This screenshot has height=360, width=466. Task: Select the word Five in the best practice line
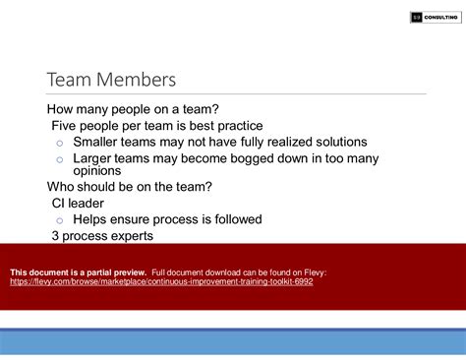coord(68,125)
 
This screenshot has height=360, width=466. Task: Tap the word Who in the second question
coord(64,187)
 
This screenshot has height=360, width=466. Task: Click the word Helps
coord(95,219)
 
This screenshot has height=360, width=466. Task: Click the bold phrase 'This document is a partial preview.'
coord(78,271)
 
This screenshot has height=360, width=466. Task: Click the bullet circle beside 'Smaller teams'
coord(59,144)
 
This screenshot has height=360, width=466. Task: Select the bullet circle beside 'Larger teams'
coord(59,159)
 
